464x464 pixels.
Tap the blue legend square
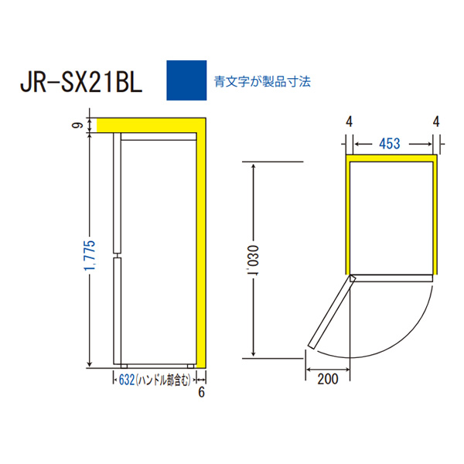[186, 80]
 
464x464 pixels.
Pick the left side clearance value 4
[350, 121]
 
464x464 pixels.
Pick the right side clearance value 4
[437, 121]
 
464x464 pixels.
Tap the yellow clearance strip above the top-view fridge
[391, 157]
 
